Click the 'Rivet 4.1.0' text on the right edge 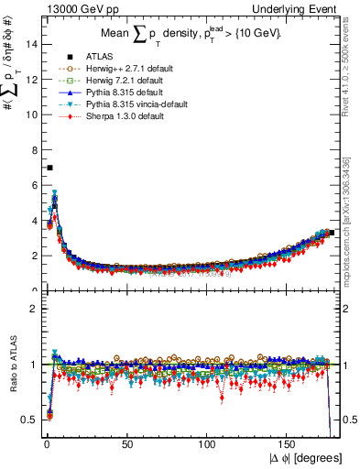coord(352,55)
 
